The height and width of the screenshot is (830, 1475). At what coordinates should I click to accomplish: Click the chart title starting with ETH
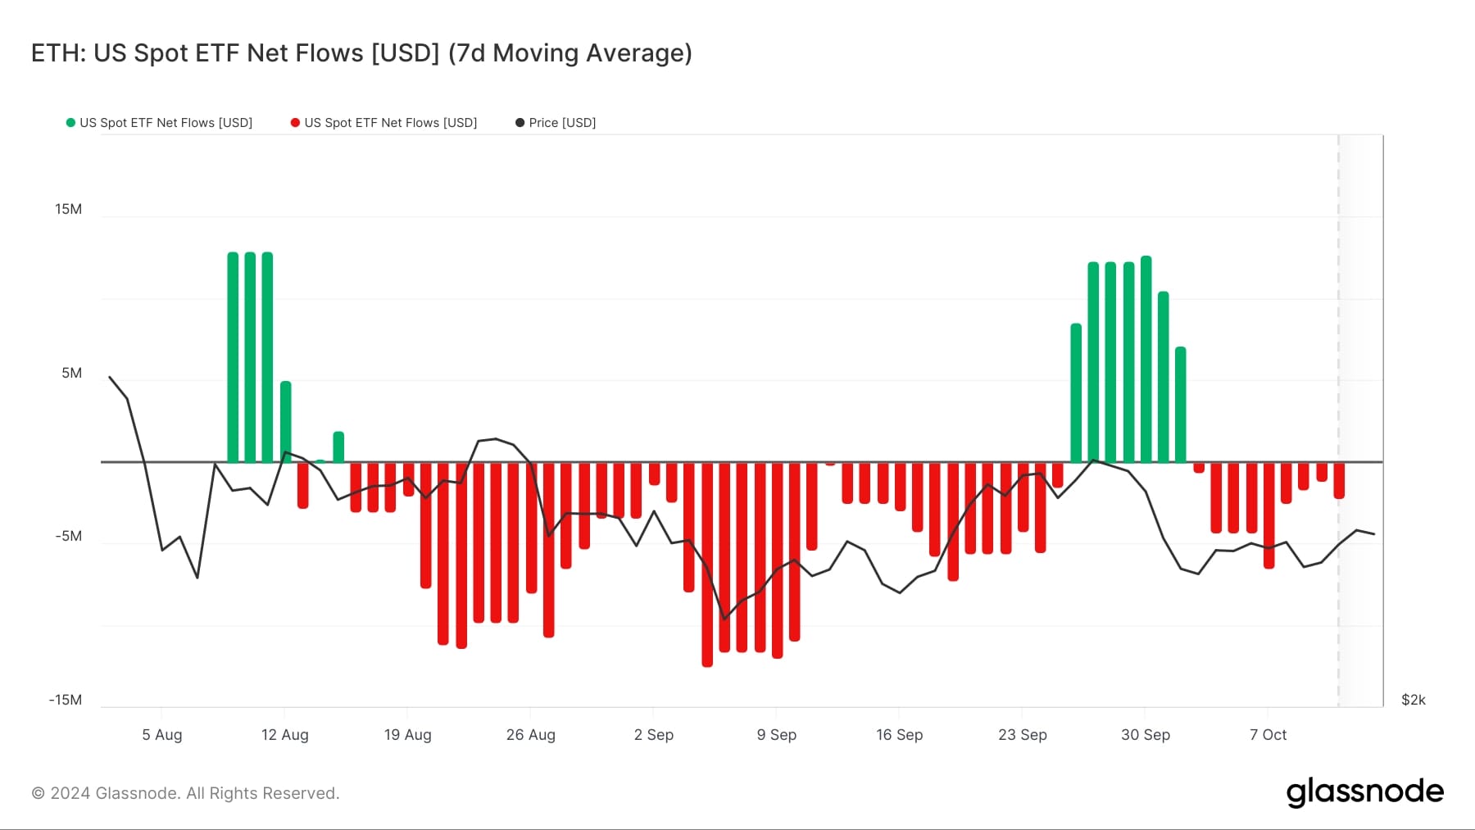[361, 53]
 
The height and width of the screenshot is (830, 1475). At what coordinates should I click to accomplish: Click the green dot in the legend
[70, 123]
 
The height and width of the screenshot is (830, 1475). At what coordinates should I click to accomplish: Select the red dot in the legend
[295, 123]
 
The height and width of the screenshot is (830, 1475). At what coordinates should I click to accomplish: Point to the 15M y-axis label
[68, 209]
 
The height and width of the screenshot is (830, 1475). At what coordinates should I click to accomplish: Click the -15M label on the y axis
[66, 700]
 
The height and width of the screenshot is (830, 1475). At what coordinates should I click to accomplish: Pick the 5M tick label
[71, 373]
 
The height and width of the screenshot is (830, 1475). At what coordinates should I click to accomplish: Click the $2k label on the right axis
[1413, 700]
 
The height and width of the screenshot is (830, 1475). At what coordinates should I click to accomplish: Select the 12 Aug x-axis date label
[284, 735]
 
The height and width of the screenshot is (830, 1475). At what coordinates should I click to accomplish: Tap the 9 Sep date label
[776, 735]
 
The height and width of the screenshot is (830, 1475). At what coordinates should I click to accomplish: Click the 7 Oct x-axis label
[1268, 735]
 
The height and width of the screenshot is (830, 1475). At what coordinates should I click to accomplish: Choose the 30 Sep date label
[1145, 735]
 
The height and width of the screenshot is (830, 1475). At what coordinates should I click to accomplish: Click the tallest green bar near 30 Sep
[1146, 361]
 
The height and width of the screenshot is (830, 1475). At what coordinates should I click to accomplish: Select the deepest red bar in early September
[707, 565]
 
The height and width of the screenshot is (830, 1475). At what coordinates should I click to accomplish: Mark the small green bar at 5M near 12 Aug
[285, 422]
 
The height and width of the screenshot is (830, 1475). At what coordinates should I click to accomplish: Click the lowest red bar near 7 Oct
[1268, 516]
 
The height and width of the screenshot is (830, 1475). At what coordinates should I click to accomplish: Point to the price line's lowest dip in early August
[197, 577]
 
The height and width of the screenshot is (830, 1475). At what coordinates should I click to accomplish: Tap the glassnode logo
[1364, 792]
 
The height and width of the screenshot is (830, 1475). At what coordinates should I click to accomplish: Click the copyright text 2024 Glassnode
[185, 793]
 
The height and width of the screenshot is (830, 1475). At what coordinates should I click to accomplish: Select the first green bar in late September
[1076, 393]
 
